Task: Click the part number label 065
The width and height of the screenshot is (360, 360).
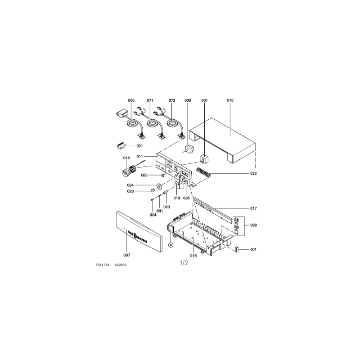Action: [131, 100]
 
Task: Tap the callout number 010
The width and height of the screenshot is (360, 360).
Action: [230, 100]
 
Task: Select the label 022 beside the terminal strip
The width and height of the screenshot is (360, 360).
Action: [253, 173]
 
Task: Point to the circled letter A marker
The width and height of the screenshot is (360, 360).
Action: [171, 245]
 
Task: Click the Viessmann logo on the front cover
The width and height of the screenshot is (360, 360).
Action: [137, 238]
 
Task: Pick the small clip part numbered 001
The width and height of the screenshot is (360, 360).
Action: [238, 249]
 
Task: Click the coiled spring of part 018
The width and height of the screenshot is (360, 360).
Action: [132, 170]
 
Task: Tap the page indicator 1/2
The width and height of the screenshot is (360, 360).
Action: [184, 263]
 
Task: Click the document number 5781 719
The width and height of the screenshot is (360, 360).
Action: [103, 265]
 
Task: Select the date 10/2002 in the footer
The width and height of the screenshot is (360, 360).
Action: [121, 265]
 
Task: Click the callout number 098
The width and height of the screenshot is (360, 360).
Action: [253, 225]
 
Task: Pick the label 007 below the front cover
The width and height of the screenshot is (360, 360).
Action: [127, 255]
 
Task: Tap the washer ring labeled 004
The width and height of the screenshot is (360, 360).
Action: [158, 185]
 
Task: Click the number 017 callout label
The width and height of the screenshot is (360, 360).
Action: [253, 208]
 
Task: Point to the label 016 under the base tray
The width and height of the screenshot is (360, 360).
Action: [193, 256]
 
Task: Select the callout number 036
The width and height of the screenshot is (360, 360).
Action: [186, 198]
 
